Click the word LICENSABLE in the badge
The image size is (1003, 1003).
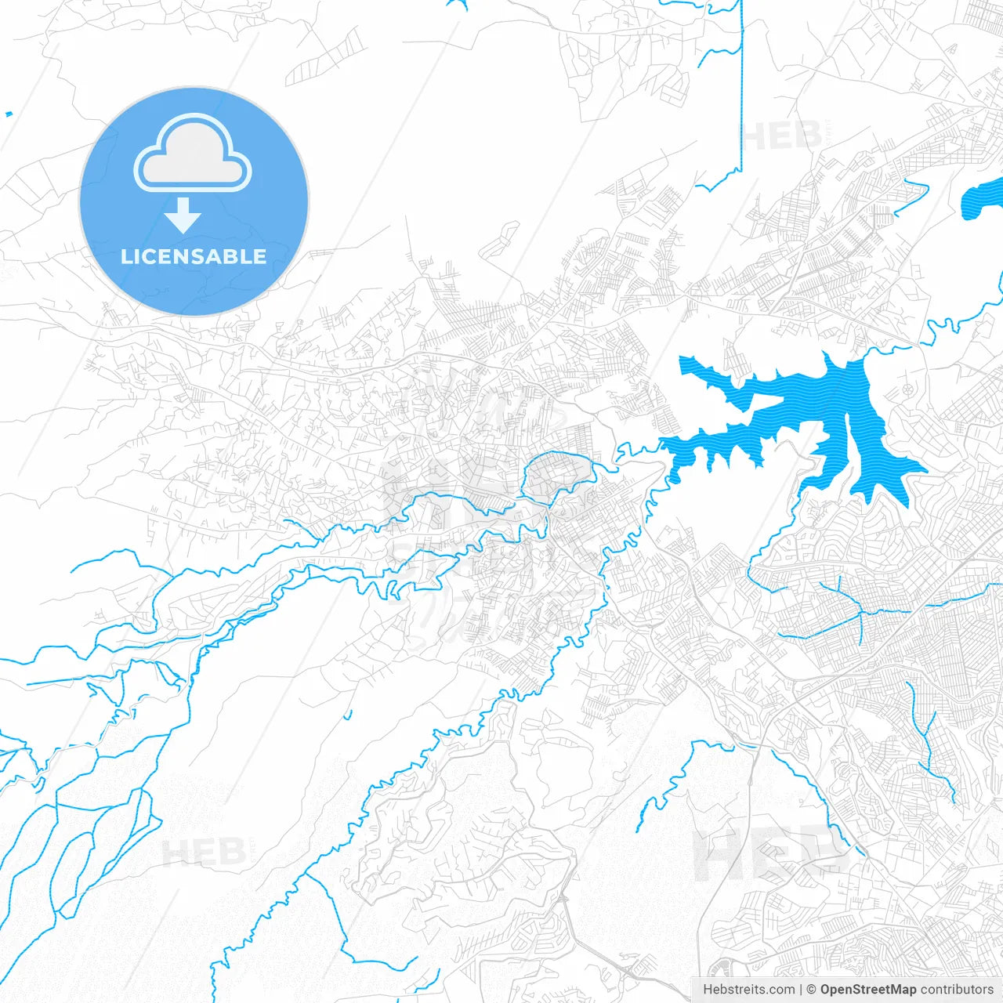click(x=194, y=256)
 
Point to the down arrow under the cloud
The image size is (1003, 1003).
click(x=183, y=215)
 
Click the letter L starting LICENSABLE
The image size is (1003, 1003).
click(x=126, y=256)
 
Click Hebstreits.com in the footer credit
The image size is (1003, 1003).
click(x=748, y=990)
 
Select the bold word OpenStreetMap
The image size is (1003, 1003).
click(x=868, y=990)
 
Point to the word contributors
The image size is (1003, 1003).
click(x=957, y=990)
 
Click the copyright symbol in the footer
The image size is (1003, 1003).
click(x=812, y=990)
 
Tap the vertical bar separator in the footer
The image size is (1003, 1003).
click(x=801, y=990)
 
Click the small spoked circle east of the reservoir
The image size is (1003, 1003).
click(x=907, y=389)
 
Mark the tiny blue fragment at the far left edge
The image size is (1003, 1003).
click(x=8, y=114)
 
